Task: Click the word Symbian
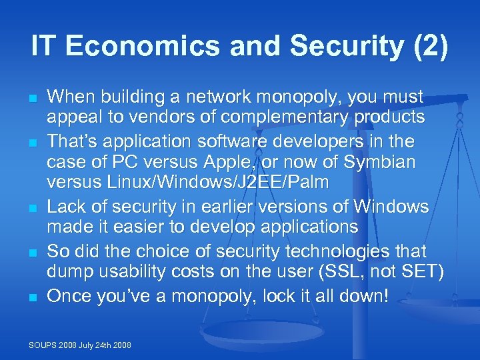coord(382,162)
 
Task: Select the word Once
coord(73,295)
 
